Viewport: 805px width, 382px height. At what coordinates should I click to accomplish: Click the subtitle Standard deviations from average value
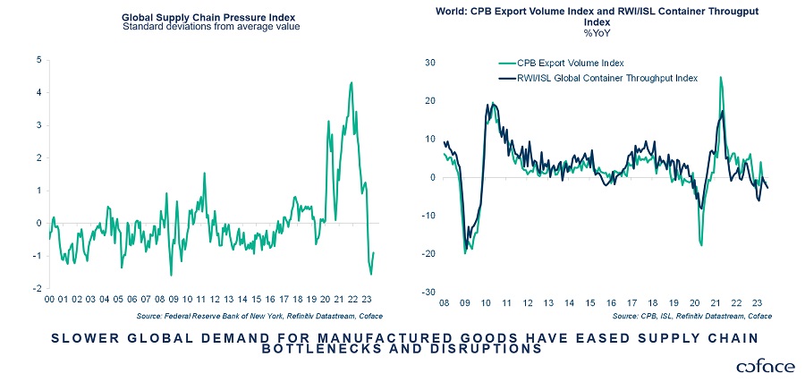click(x=210, y=26)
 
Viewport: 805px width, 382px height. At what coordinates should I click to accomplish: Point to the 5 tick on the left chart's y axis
click(x=38, y=60)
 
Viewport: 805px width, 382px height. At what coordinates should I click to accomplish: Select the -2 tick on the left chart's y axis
click(x=37, y=289)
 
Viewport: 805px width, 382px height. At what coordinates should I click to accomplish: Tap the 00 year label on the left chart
click(x=50, y=300)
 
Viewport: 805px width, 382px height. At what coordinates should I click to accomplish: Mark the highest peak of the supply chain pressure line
click(x=351, y=82)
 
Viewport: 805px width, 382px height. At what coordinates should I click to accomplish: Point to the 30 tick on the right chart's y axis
click(x=428, y=63)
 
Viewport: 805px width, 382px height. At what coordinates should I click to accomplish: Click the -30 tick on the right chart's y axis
click(x=427, y=293)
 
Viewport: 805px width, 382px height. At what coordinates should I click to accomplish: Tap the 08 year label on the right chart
click(x=445, y=302)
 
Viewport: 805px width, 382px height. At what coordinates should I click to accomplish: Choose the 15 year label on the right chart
click(x=589, y=302)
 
